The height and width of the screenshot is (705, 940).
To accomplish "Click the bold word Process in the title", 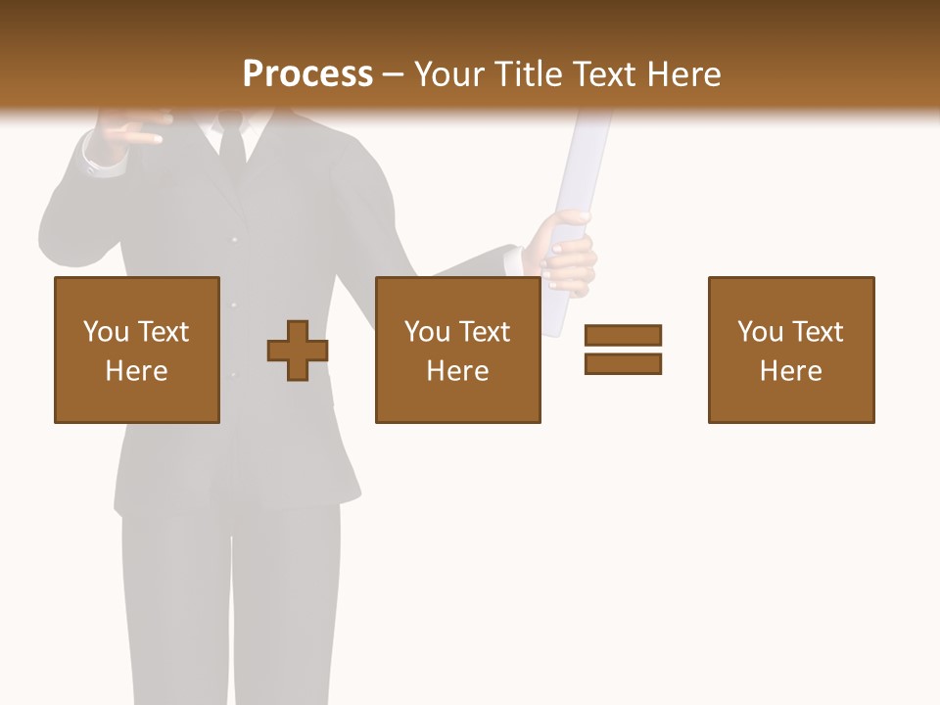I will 307,74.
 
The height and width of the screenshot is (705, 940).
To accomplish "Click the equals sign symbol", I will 623,350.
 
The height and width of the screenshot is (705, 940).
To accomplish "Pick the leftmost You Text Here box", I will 136,350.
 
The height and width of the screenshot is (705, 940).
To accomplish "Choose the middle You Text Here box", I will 457,350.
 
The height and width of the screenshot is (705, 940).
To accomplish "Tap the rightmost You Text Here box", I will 790,350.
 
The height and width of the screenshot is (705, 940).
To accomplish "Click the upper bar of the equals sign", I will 623,335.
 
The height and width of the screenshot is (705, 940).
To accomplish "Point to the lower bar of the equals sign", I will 623,363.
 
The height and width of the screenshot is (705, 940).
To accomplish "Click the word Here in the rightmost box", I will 790,371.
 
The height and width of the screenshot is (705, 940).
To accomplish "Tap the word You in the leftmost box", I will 106,332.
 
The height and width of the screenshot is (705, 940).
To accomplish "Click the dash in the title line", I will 394,75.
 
